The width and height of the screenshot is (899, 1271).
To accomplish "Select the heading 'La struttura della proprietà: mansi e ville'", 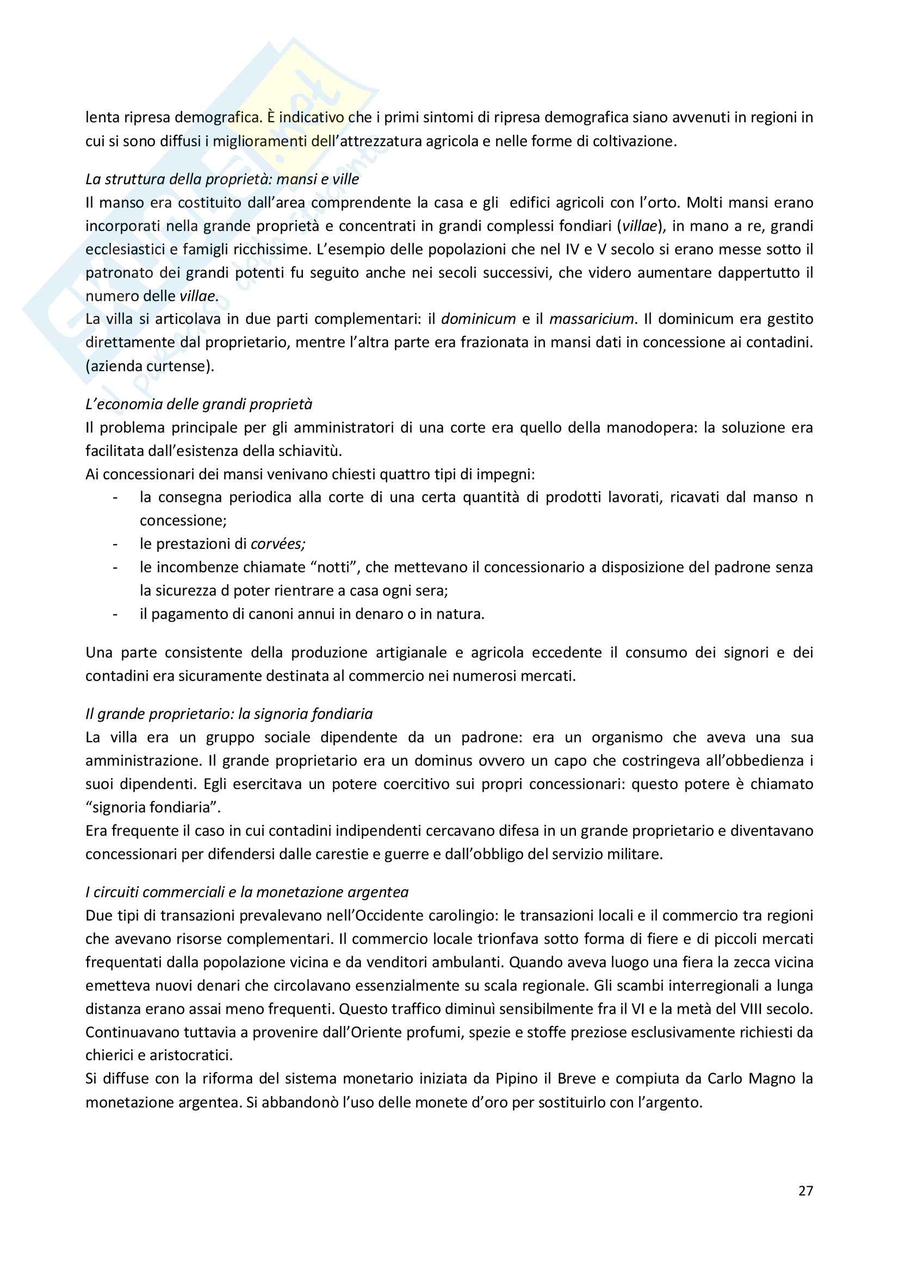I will tap(222, 179).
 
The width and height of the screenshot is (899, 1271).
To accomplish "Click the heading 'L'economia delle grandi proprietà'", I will tap(199, 404).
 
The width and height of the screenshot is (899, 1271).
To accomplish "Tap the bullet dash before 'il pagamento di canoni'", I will tap(115, 615).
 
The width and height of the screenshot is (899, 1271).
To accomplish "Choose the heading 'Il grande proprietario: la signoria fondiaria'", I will tap(229, 714).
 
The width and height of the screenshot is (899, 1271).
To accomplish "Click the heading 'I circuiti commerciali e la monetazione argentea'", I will tap(247, 892).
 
